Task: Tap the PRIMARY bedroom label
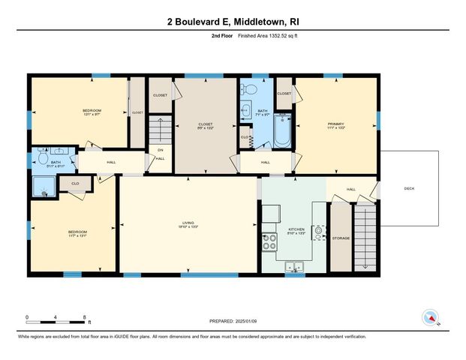pyautogui.click(x=335, y=124)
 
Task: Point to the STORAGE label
pyautogui.click(x=341, y=238)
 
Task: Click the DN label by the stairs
pyautogui.click(x=160, y=149)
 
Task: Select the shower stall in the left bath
pyautogui.click(x=41, y=187)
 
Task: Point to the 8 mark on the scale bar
pyautogui.click(x=85, y=316)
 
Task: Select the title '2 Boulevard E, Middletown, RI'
pyautogui.click(x=233, y=22)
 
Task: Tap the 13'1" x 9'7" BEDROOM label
pyautogui.click(x=92, y=112)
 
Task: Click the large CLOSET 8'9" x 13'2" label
pyautogui.click(x=205, y=125)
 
